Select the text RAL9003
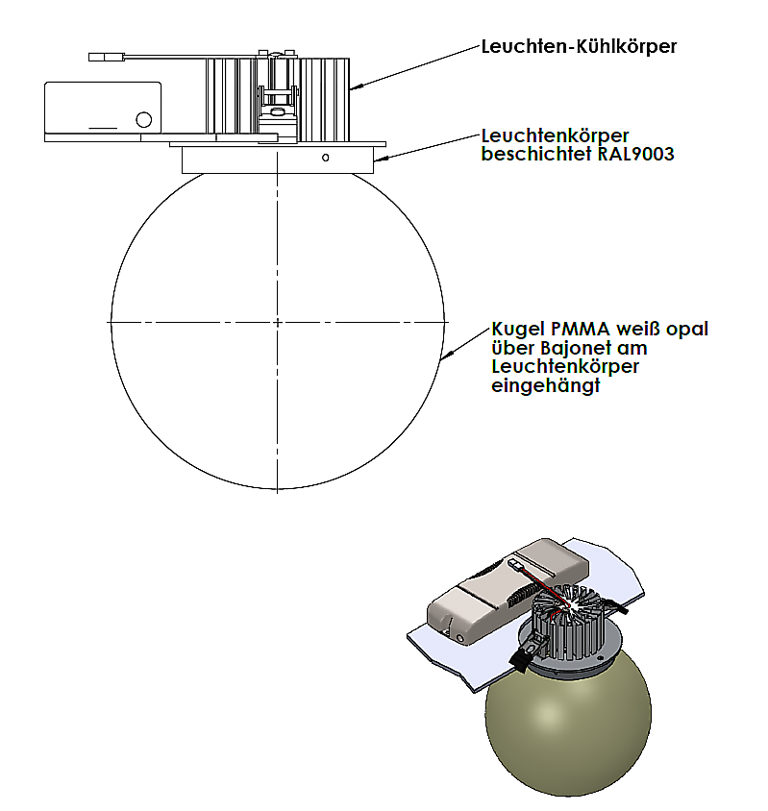635,154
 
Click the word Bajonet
574,348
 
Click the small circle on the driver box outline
143,120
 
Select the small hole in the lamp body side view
326,157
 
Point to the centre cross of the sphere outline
278,320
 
